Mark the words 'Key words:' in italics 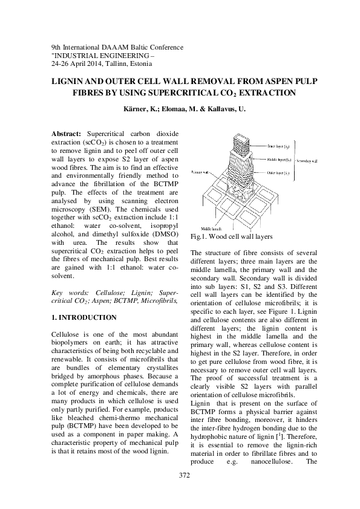[x=66, y=292]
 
